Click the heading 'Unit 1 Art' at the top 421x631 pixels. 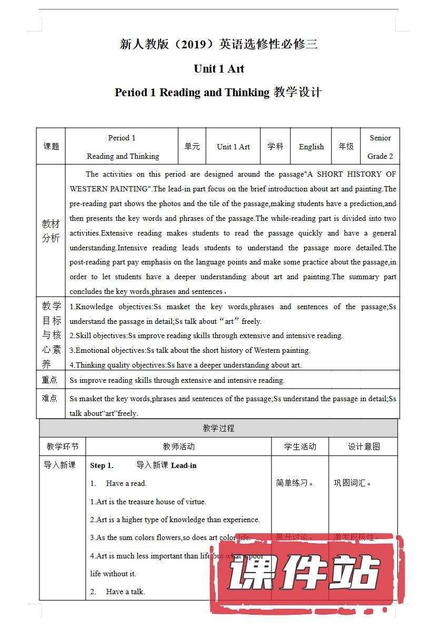pyautogui.click(x=219, y=69)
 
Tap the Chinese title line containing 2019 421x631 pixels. pyautogui.click(x=219, y=44)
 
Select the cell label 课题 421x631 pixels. pyautogui.click(x=51, y=147)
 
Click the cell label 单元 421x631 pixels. pyautogui.click(x=192, y=147)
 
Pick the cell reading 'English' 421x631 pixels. pyautogui.click(x=312, y=147)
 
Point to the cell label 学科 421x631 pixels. pyautogui.click(x=275, y=147)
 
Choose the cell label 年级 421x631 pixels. pyautogui.click(x=346, y=147)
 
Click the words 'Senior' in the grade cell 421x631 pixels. pyautogui.click(x=380, y=138)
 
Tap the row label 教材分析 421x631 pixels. pyautogui.click(x=51, y=231)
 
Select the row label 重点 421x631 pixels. pyautogui.click(x=50, y=380)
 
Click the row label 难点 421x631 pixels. pyautogui.click(x=50, y=399)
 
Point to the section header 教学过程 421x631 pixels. pyautogui.click(x=218, y=428)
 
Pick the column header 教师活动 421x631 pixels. pyautogui.click(x=178, y=446)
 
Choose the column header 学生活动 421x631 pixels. pyautogui.click(x=300, y=446)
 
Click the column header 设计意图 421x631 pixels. pyautogui.click(x=364, y=446)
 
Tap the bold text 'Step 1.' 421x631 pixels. pyautogui.click(x=102, y=465)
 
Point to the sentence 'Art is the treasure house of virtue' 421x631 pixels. pyautogui.click(x=148, y=502)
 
